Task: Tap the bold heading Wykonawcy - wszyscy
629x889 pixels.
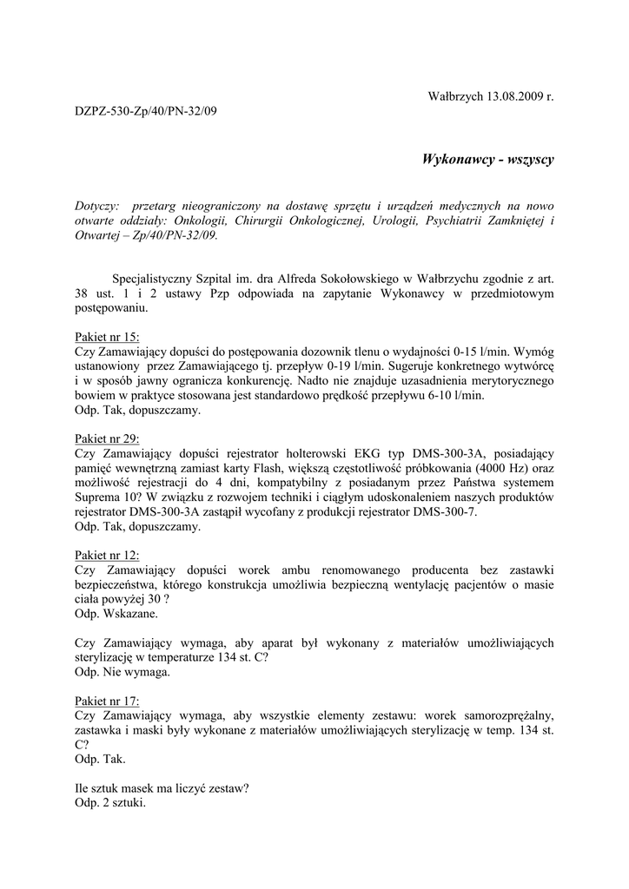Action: tap(487, 160)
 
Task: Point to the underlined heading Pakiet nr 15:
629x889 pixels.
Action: tap(107, 337)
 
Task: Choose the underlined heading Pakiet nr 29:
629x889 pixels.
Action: tap(107, 439)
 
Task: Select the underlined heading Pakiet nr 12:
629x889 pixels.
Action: tap(107, 555)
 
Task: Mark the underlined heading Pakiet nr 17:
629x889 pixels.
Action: tap(107, 701)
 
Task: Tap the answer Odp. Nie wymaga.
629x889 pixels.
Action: tap(122, 671)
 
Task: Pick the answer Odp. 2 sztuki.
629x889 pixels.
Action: tap(110, 802)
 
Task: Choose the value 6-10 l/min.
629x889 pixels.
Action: tap(452, 395)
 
